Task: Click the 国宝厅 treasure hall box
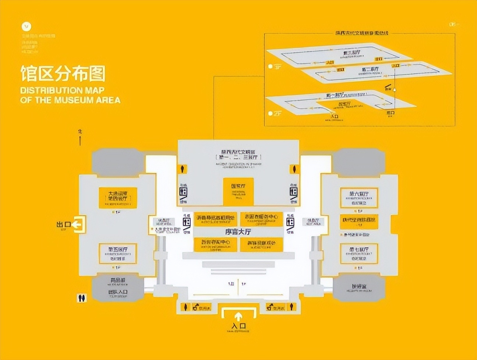tap(238, 191)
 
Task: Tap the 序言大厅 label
tap(238, 232)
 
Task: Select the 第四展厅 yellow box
tap(118, 198)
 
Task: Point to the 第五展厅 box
tap(118, 254)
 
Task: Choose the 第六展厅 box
tap(359, 198)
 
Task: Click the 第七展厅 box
tap(359, 254)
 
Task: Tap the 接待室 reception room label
tap(359, 286)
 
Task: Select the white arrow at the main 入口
tap(239, 316)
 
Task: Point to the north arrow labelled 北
tap(80, 137)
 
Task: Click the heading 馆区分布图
tap(63, 74)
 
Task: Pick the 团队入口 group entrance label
tap(118, 292)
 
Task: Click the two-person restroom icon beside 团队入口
tap(82, 298)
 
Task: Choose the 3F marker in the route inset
tap(275, 67)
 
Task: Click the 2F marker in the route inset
tap(275, 113)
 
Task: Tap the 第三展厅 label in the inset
tap(351, 53)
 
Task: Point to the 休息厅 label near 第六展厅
tap(313, 222)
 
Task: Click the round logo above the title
tap(26, 27)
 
